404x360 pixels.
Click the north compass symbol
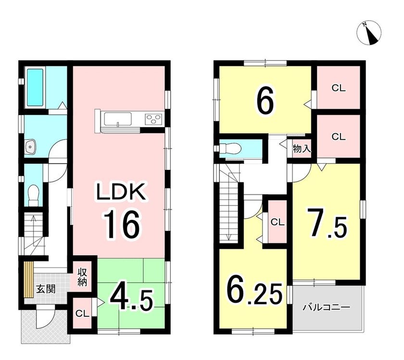click(369, 33)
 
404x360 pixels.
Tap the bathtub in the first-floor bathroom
click(35, 88)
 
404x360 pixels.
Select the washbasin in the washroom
click(31, 147)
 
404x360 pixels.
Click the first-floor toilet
click(33, 195)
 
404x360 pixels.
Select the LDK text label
click(121, 192)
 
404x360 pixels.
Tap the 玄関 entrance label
click(46, 289)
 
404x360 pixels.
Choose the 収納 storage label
click(82, 277)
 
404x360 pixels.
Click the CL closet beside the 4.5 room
click(82, 313)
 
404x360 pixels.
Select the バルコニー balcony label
click(327, 307)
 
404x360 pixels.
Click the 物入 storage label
click(302, 149)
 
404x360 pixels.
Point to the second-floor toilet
click(230, 149)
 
